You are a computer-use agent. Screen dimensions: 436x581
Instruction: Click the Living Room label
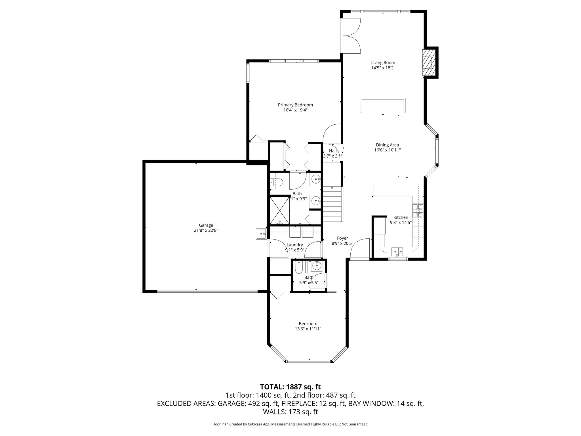383,63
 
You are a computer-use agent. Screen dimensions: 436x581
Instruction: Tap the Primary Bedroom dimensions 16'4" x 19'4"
295,110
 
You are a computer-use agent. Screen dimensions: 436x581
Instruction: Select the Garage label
206,225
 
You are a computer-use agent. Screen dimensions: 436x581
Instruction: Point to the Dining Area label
387,145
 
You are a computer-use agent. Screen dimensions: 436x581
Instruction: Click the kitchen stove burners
418,211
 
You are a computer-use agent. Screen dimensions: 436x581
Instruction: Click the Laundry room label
295,245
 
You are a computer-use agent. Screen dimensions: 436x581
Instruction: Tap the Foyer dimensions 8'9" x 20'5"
342,244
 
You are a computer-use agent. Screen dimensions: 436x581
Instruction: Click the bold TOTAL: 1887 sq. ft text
290,387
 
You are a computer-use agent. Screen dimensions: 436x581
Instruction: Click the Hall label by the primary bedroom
333,151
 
